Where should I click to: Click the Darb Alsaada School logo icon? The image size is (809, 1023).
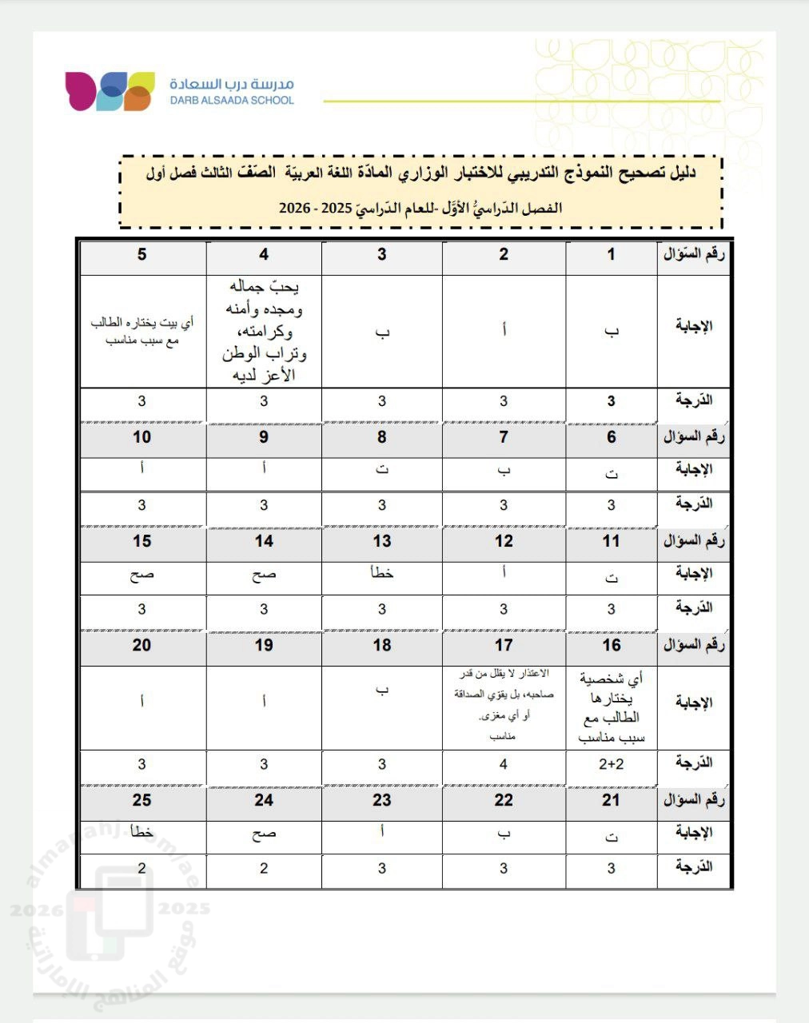[110, 90]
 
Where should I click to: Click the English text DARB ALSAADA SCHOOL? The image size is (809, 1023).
[232, 101]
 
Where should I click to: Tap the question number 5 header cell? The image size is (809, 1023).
[142, 255]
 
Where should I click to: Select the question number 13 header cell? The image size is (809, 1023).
[382, 541]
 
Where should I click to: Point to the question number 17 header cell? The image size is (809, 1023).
[504, 645]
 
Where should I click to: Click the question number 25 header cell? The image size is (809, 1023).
[142, 800]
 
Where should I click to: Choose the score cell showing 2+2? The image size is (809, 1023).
[612, 764]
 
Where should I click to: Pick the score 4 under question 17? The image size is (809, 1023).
[504, 764]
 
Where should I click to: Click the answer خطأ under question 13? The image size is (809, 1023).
[382, 572]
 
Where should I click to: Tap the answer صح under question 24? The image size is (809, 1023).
[264, 834]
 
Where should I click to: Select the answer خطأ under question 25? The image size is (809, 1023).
[142, 832]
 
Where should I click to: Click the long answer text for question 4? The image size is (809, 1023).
[264, 330]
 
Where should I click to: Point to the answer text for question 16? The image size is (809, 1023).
[612, 708]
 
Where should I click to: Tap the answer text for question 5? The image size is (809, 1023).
[142, 332]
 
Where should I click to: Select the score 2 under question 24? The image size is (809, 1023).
[264, 869]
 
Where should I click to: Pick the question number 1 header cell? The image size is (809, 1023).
[612, 255]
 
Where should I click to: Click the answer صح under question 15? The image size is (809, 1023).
[142, 575]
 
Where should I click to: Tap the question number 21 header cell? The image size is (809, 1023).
[612, 800]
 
